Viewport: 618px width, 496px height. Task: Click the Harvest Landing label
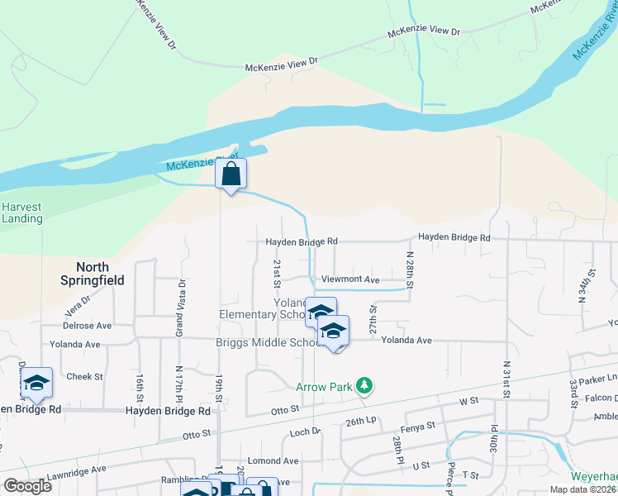tap(22, 212)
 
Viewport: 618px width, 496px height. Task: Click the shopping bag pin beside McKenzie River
tap(231, 174)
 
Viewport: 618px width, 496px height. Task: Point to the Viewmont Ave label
tap(350, 280)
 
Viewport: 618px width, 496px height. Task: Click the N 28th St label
tap(409, 270)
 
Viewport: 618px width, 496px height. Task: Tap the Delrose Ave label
tap(87, 326)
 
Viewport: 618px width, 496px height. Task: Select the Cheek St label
tap(84, 376)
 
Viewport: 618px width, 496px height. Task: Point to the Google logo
tap(28, 485)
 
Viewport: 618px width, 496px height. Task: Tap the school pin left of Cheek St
tap(37, 383)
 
